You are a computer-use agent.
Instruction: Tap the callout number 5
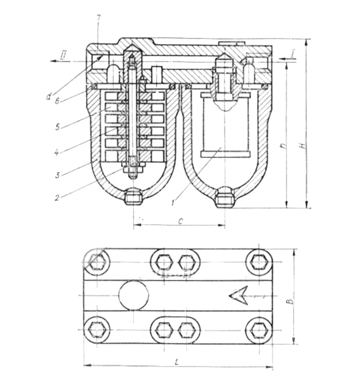coord(57,126)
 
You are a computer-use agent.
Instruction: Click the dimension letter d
coord(49,96)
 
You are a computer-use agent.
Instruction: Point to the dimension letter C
coord(179,221)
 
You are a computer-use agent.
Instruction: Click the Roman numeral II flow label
coord(64,55)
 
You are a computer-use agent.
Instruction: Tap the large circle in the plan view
coord(134,295)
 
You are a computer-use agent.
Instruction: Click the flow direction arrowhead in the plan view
coord(238,295)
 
